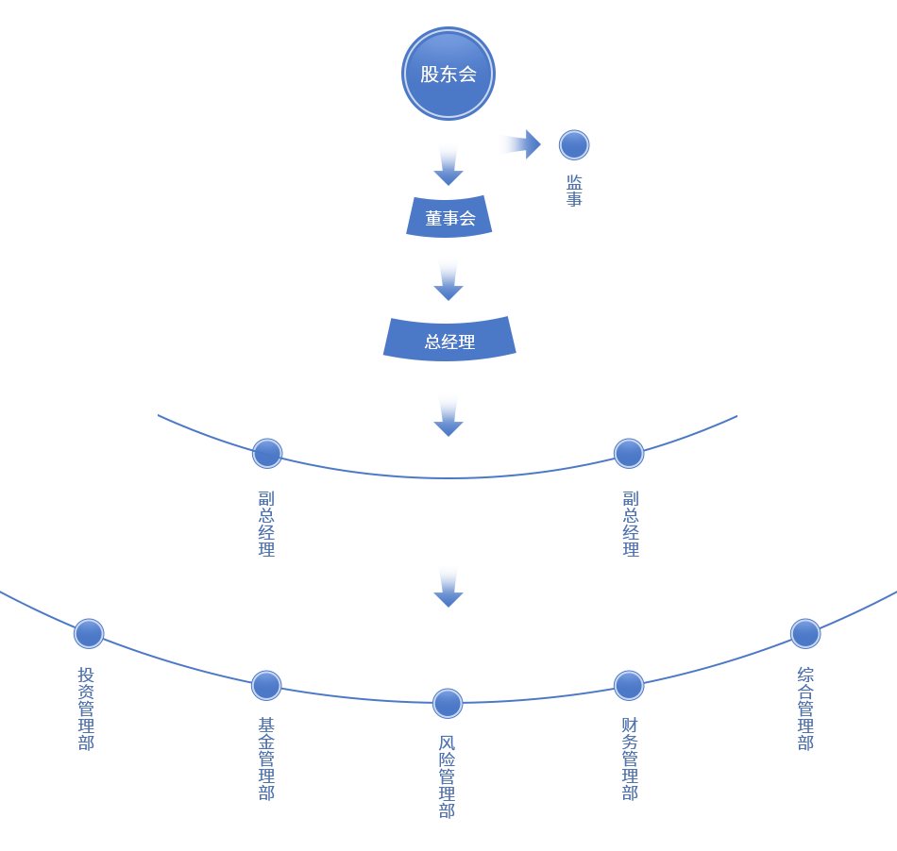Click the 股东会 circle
click(448, 74)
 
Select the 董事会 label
click(450, 219)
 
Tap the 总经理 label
click(449, 342)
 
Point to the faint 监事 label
click(574, 189)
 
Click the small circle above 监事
click(574, 145)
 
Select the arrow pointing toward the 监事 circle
click(517, 143)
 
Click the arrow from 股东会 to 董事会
click(448, 168)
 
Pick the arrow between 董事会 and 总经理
click(448, 279)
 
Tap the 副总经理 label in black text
click(266, 523)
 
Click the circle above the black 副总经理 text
click(267, 454)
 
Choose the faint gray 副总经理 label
click(630, 523)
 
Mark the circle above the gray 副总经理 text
click(629, 454)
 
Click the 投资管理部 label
click(86, 709)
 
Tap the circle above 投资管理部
click(89, 634)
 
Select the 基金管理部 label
click(266, 759)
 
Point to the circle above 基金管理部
click(266, 686)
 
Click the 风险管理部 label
click(447, 776)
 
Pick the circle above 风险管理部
click(448, 704)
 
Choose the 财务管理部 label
click(630, 759)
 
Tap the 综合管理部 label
click(804, 709)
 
